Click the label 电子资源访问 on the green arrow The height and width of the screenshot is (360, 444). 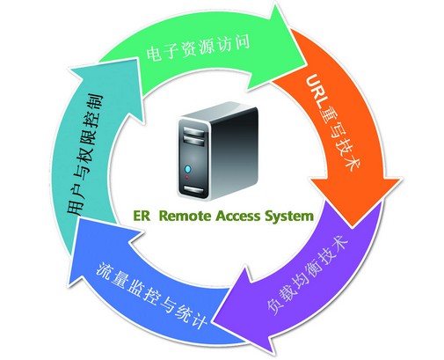[198, 47]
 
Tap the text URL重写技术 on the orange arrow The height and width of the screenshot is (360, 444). [332, 122]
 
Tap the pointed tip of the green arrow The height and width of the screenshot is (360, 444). [307, 63]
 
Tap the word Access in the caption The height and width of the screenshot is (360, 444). [238, 216]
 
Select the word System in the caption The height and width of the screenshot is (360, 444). [289, 217]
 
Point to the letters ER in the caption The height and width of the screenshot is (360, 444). [142, 216]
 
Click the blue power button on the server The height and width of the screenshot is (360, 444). [187, 169]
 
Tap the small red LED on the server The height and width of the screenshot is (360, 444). [187, 178]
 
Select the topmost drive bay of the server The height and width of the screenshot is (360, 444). [193, 131]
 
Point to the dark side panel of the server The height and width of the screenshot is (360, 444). [234, 151]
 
